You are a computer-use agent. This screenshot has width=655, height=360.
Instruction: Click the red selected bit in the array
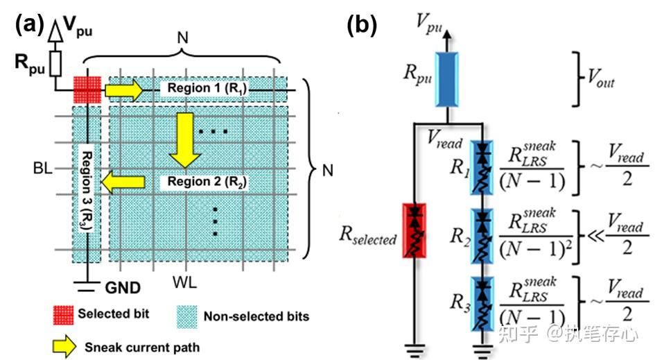click(87, 89)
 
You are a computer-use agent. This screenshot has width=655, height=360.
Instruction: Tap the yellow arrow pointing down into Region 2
click(184, 140)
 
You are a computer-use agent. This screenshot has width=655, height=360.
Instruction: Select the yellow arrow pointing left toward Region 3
click(123, 182)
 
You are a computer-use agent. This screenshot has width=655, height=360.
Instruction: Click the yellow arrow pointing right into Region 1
click(123, 90)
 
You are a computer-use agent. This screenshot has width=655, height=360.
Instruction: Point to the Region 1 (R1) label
click(207, 88)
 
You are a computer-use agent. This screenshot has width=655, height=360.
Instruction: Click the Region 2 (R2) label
click(207, 182)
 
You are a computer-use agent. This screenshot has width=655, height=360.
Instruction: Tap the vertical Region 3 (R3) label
click(87, 190)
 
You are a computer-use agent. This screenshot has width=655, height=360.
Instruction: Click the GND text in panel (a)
click(123, 288)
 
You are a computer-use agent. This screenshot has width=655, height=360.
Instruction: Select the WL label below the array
click(184, 282)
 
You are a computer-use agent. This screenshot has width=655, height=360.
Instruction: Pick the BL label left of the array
click(42, 168)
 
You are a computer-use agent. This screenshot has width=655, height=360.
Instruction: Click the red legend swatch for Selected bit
click(63, 314)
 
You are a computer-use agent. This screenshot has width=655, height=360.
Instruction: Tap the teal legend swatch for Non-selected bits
click(186, 316)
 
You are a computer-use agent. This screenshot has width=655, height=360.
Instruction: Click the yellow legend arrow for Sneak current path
click(64, 347)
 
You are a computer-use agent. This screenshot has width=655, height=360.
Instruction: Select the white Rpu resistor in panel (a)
click(55, 64)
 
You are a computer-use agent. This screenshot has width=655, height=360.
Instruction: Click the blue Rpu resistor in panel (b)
click(447, 80)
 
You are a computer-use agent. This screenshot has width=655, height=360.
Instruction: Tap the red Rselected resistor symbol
click(414, 230)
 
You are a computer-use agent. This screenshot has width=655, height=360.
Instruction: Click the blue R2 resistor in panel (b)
click(482, 237)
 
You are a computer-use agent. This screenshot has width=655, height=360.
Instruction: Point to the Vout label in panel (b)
click(601, 78)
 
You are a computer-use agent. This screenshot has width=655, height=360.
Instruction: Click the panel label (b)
click(362, 25)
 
